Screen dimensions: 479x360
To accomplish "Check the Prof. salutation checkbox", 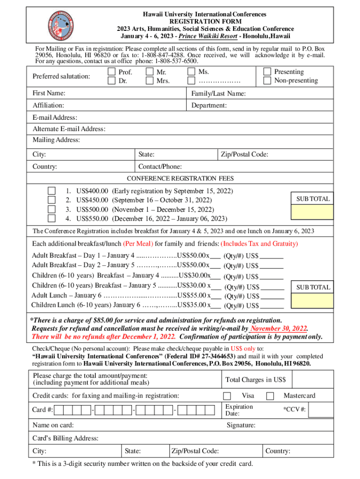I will tap(111, 72).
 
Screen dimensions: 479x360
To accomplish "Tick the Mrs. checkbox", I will tap(149, 81).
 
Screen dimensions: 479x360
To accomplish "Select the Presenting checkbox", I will tap(266, 72).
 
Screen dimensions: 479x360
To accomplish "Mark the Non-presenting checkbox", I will tap(266, 80).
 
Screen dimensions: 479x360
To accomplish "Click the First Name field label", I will tap(49, 94).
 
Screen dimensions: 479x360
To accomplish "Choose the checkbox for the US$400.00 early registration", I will tap(52, 191).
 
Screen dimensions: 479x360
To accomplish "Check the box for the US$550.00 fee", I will tap(52, 218).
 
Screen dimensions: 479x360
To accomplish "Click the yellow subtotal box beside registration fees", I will tap(312, 212).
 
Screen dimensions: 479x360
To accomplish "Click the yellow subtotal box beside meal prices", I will tap(312, 301).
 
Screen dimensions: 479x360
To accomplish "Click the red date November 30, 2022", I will tap(279, 328).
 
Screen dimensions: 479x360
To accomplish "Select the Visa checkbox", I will tap(227, 396).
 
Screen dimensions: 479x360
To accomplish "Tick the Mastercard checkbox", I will tap(270, 396).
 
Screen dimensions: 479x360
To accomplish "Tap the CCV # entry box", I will tap(322, 410).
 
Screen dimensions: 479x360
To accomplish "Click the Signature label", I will tap(241, 425).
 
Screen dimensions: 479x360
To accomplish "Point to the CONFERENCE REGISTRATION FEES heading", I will tap(180, 179).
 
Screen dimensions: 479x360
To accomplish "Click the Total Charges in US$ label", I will tap(255, 379).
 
